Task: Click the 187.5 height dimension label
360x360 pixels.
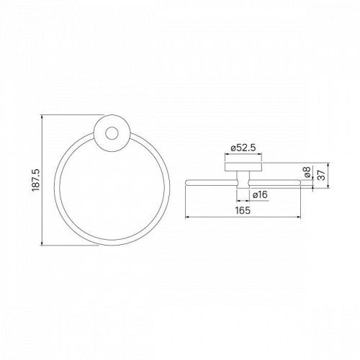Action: click(36, 180)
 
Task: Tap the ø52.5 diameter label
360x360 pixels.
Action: click(243, 148)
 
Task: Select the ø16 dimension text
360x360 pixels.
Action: click(260, 194)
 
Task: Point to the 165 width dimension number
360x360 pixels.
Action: click(243, 210)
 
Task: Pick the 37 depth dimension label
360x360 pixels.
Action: click(321, 175)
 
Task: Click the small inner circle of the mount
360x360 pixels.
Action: click(112, 133)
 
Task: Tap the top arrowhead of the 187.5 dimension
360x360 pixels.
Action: click(42, 117)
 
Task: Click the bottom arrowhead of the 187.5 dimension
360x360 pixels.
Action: click(42, 243)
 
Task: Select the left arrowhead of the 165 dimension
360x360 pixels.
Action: click(187, 217)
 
